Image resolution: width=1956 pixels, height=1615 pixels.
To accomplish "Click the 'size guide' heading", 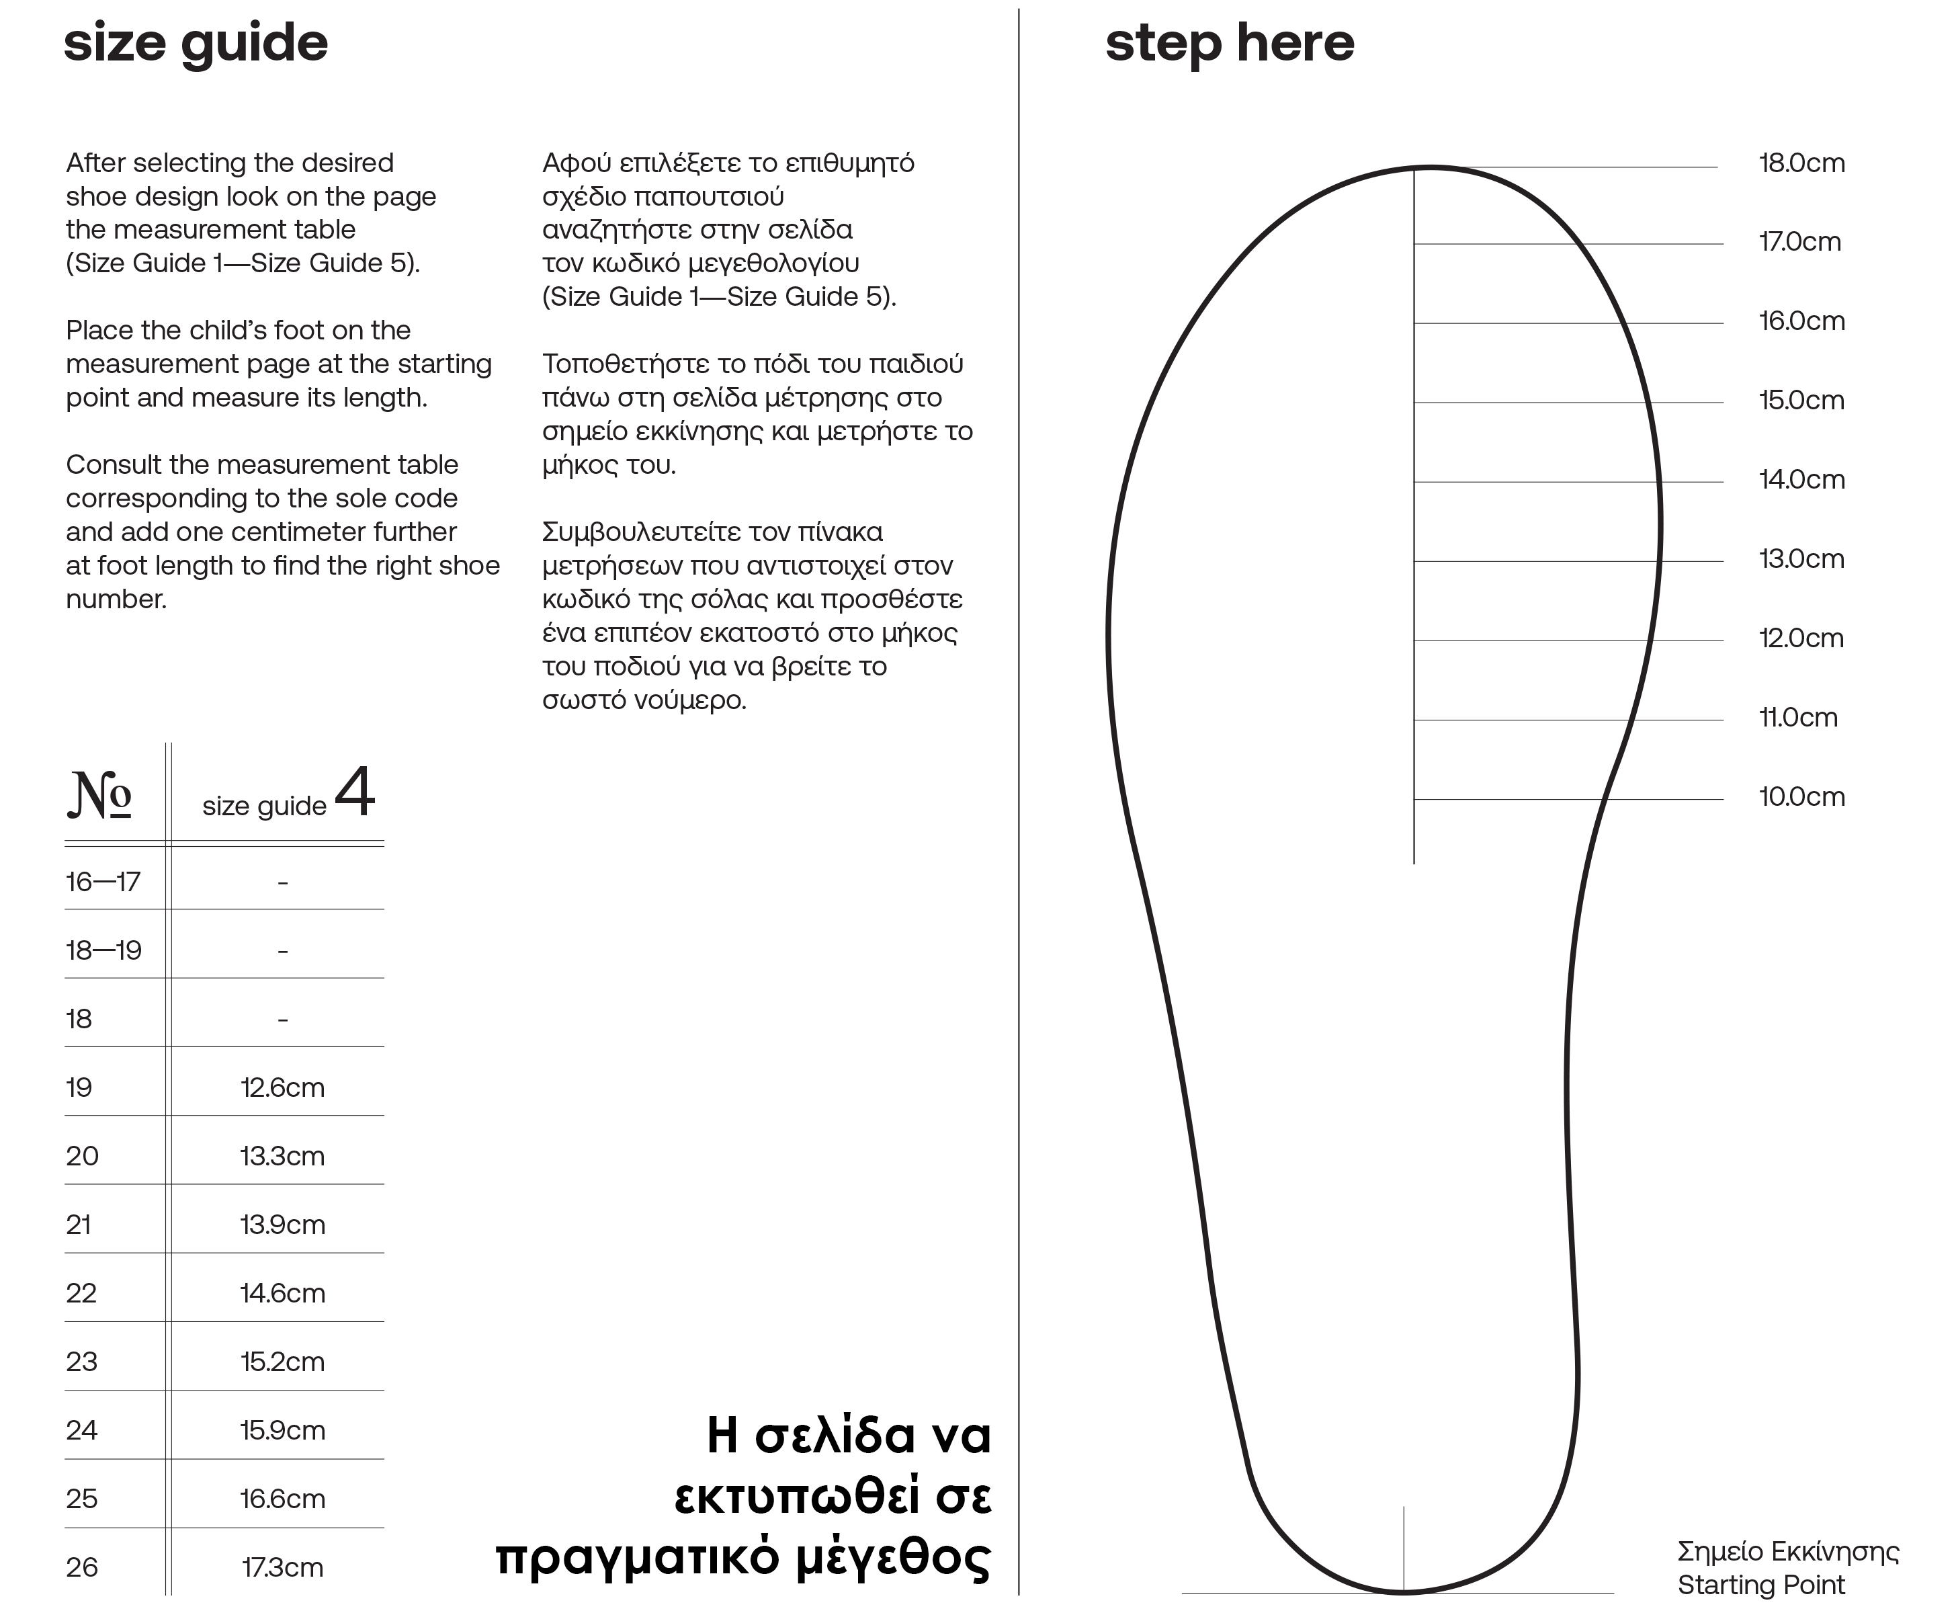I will pos(196,44).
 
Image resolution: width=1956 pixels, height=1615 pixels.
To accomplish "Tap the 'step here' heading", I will pos(1229,44).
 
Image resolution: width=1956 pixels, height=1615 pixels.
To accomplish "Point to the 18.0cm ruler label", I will pos(1801,164).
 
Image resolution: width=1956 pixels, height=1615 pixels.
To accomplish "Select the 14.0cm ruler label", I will pos(1801,480).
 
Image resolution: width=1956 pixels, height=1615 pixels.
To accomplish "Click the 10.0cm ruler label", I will pos(1801,797).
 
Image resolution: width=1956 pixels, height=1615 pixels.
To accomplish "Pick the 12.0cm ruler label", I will pos(1801,639).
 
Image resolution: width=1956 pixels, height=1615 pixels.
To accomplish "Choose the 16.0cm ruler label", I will pos(1801,322).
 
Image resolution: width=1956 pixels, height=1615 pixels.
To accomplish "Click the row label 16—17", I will pos(102,882).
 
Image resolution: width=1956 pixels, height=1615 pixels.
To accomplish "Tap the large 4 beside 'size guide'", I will pos(354,792).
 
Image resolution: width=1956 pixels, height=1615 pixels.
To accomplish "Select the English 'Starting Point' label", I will pos(1760,1585).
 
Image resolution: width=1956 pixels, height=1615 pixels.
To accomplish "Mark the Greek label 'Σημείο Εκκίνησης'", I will pos(1787,1552).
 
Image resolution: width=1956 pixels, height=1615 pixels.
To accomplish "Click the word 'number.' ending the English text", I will pos(116,599).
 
